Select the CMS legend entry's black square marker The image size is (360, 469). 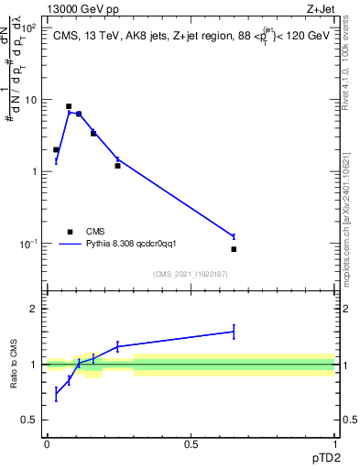click(70, 232)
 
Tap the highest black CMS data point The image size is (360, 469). click(69, 106)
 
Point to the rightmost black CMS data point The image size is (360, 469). click(234, 249)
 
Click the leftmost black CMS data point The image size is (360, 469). click(56, 149)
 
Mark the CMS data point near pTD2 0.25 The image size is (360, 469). click(117, 166)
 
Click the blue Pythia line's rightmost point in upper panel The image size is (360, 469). click(234, 236)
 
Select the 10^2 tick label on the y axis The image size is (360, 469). click(31, 28)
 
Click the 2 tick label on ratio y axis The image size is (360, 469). click(34, 309)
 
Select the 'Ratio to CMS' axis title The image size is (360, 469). click(14, 365)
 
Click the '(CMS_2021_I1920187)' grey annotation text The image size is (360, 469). click(191, 275)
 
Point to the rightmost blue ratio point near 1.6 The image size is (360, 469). click(234, 332)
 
